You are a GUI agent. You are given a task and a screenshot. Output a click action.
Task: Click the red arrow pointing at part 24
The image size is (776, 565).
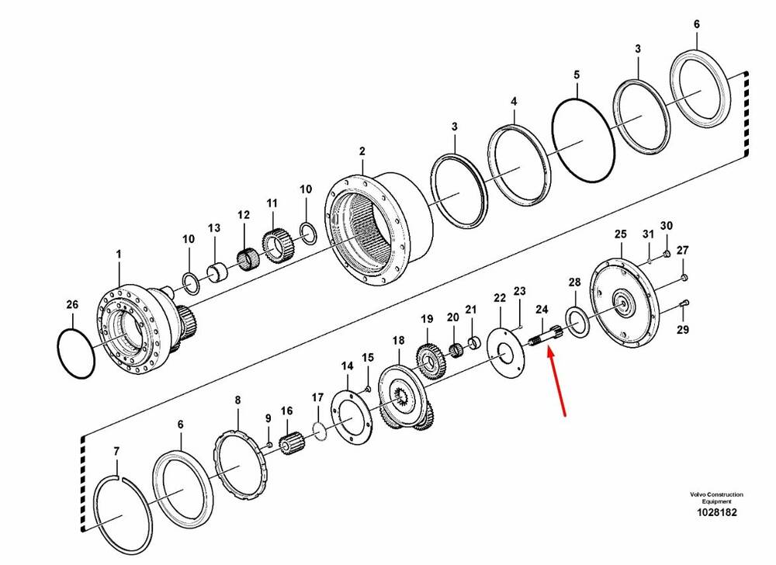click(x=556, y=381)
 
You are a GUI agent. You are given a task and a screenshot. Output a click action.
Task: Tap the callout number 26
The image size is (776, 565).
click(x=72, y=304)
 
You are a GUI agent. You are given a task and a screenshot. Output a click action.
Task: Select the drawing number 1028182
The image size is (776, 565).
click(x=716, y=512)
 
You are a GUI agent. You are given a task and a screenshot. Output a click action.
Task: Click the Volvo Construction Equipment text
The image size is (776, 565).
click(x=716, y=497)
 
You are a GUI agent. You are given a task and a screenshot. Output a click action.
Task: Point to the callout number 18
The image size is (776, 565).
click(x=398, y=341)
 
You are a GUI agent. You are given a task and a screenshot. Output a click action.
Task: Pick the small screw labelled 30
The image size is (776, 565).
click(x=666, y=255)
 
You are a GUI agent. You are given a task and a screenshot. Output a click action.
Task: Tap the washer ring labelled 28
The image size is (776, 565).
click(x=577, y=322)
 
